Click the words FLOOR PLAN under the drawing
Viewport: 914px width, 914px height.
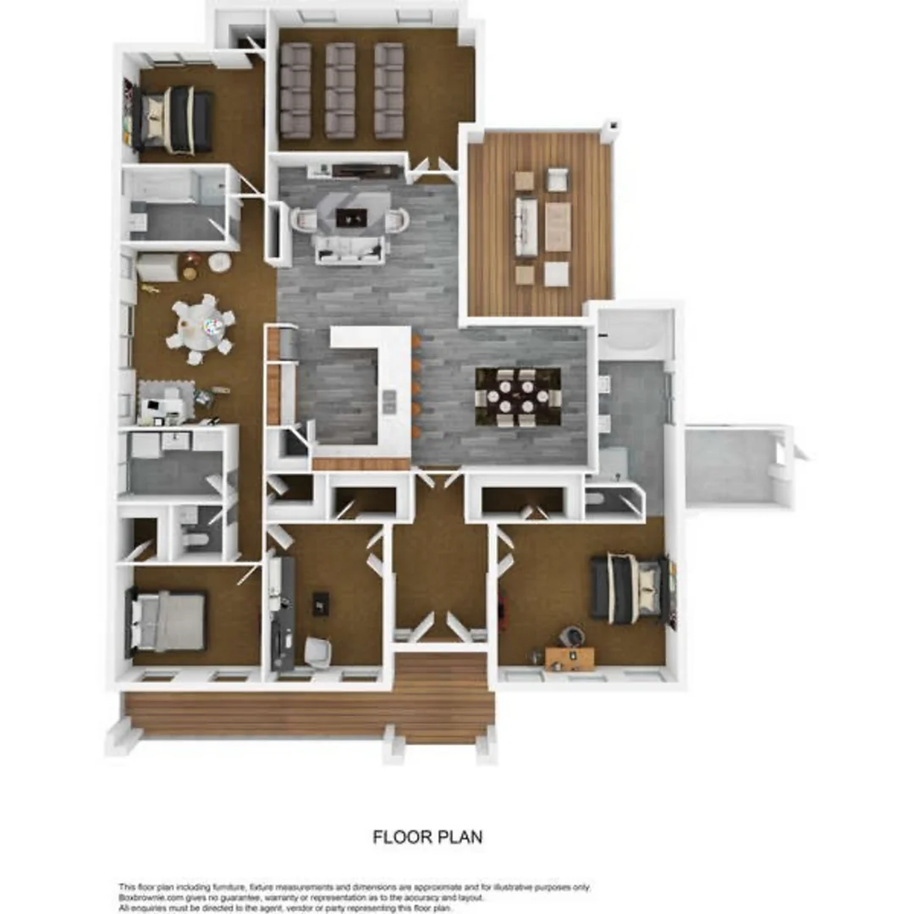point(427,837)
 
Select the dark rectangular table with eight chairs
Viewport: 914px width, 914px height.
point(517,397)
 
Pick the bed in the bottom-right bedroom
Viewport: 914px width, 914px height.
point(630,588)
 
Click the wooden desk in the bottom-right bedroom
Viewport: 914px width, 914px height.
point(570,657)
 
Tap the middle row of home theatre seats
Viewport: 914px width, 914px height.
point(340,91)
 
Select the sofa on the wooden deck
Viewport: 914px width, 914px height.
point(526,227)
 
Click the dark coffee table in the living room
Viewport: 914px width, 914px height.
point(350,217)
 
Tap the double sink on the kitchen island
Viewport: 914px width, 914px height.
point(388,402)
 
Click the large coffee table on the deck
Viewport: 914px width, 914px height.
point(558,226)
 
